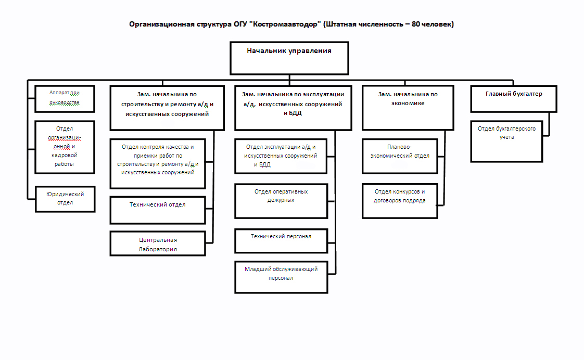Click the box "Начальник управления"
click(x=289, y=58)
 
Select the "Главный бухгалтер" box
click(x=513, y=99)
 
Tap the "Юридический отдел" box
click(x=65, y=198)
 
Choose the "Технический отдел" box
click(x=158, y=210)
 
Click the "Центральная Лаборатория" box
click(x=158, y=244)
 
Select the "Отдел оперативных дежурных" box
click(x=281, y=200)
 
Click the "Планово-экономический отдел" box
click(x=400, y=156)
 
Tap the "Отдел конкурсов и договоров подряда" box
click(x=400, y=200)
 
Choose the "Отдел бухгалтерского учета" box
click(x=506, y=141)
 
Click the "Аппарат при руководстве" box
click(x=65, y=99)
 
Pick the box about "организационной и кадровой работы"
click(x=65, y=147)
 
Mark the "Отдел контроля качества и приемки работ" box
click(x=158, y=163)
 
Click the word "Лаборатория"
click(x=158, y=249)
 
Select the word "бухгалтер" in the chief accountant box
click(x=526, y=94)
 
